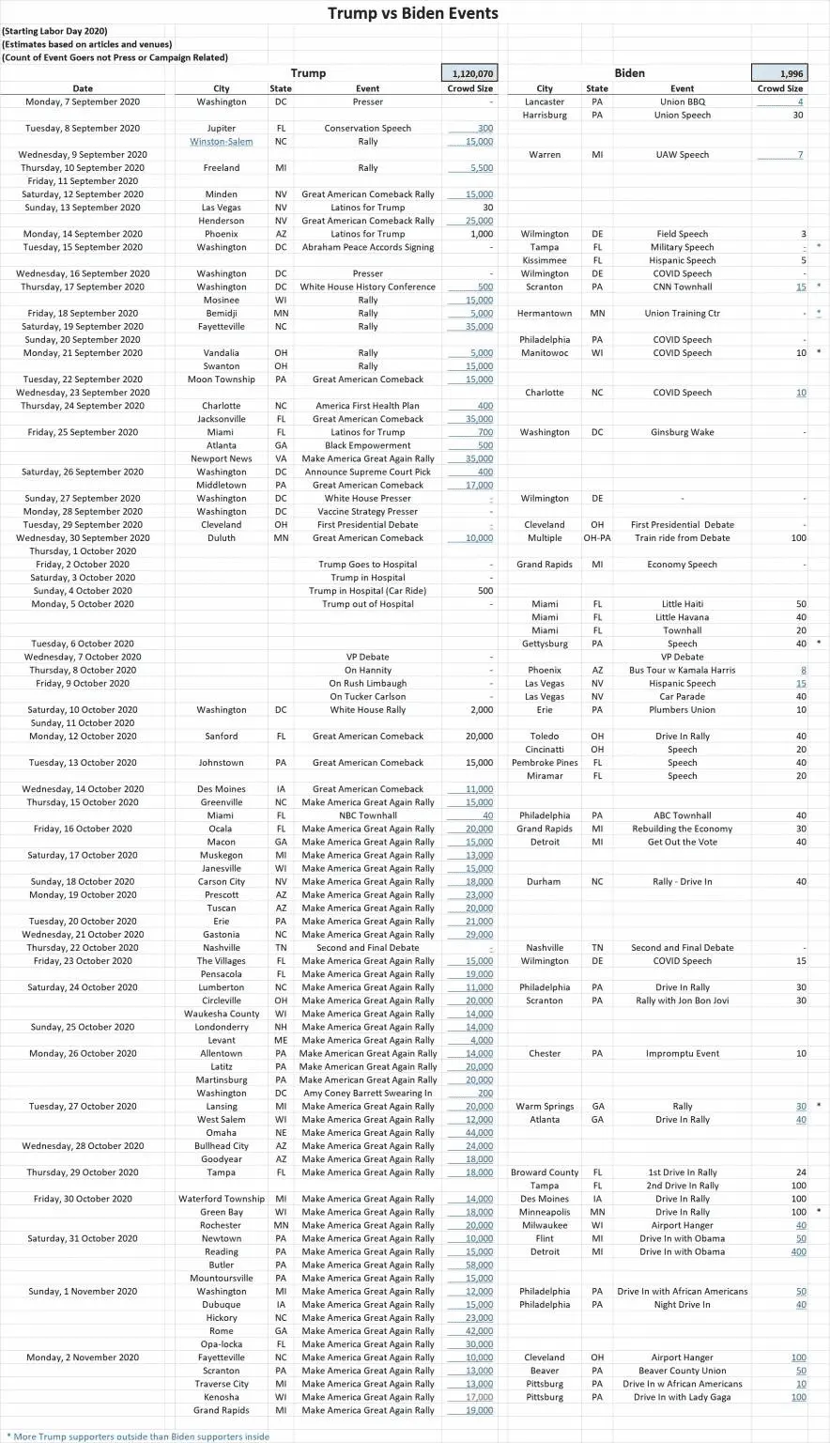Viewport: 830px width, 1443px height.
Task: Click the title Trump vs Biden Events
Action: [x=413, y=13]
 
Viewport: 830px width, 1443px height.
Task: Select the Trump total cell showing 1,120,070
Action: [x=469, y=73]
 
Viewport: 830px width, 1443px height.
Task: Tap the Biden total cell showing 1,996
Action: [x=778, y=73]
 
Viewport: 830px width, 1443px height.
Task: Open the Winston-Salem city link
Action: [x=222, y=142]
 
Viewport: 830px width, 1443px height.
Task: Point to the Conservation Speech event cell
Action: [x=367, y=129]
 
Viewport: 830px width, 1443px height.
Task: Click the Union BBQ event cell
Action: [x=682, y=102]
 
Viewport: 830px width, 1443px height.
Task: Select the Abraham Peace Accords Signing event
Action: [x=368, y=248]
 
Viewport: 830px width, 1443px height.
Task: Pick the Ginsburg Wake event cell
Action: [x=682, y=433]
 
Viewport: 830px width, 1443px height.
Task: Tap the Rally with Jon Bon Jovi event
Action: [x=682, y=1001]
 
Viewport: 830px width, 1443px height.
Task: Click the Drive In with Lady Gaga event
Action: [x=682, y=1398]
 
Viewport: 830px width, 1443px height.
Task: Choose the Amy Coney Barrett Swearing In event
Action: [x=368, y=1094]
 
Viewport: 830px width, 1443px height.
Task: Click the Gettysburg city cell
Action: [x=545, y=644]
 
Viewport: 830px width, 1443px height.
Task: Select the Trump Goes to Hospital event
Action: [x=368, y=566]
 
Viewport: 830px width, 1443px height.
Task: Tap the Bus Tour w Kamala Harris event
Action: [x=682, y=671]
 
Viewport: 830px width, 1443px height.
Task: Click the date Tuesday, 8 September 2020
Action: [x=83, y=129]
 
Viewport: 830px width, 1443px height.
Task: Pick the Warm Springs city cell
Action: [x=545, y=1107]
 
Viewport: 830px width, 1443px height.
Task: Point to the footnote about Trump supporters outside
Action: [x=138, y=1436]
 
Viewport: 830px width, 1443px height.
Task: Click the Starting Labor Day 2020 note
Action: [x=54, y=32]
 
